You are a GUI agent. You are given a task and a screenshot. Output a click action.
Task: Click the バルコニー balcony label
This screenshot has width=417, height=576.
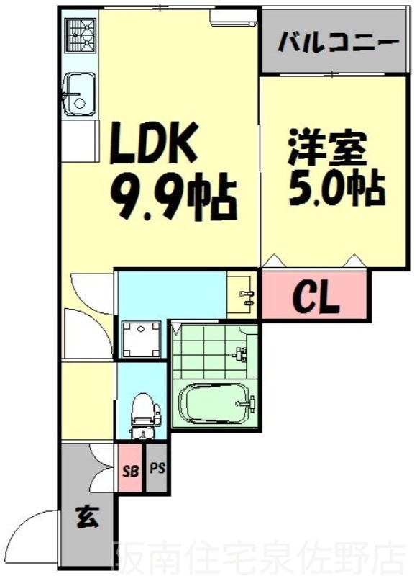click(x=338, y=41)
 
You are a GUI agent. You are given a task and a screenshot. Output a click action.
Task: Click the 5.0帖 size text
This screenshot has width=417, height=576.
click(x=336, y=189)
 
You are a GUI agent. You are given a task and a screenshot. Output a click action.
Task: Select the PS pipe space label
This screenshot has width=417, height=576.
click(x=157, y=469)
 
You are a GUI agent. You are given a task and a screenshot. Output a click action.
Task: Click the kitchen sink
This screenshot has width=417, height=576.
click(x=78, y=94)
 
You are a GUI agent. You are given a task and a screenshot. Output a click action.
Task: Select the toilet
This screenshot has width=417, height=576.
click(x=142, y=414)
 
